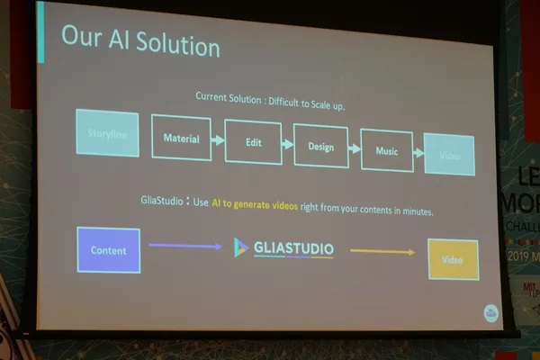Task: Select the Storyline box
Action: pyautogui.click(x=107, y=133)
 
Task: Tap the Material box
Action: pyautogui.click(x=180, y=139)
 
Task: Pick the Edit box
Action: pyautogui.click(x=252, y=142)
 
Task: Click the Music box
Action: pyautogui.click(x=386, y=151)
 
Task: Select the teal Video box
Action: pyautogui.click(x=449, y=155)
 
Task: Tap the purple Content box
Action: pyautogui.click(x=109, y=250)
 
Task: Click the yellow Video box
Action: pyautogui.click(x=453, y=258)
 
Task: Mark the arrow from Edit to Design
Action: pyautogui.click(x=288, y=144)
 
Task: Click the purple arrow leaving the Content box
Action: pyautogui.click(x=184, y=246)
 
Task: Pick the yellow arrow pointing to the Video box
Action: pyautogui.click(x=382, y=252)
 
